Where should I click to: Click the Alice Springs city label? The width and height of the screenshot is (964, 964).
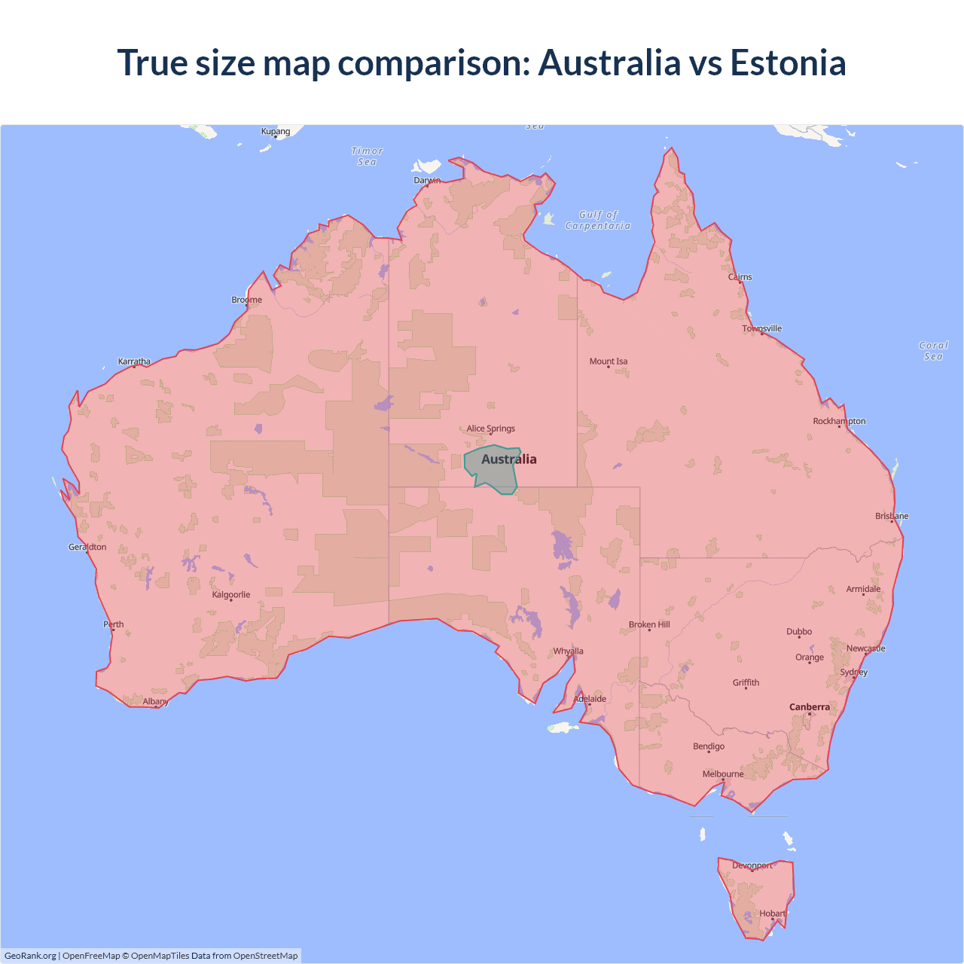(490, 429)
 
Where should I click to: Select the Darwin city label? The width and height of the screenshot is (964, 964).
(427, 180)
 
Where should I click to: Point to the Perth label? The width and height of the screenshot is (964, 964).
(113, 624)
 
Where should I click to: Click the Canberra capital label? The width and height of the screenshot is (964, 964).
(809, 707)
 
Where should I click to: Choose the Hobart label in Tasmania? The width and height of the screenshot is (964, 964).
(772, 914)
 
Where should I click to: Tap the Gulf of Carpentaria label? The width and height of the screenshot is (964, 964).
(598, 220)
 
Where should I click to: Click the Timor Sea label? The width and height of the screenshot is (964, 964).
(367, 156)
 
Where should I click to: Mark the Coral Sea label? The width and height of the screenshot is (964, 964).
(933, 351)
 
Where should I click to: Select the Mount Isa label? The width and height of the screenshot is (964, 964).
(608, 361)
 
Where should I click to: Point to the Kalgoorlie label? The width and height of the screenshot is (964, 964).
(230, 595)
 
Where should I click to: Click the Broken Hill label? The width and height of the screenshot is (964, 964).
(648, 624)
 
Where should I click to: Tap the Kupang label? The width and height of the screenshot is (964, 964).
(275, 131)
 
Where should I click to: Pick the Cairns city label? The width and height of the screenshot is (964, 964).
(740, 277)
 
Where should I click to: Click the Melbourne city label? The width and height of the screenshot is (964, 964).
(722, 774)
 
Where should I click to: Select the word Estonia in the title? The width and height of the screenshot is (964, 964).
(788, 63)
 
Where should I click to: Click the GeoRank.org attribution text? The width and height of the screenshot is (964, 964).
(30, 956)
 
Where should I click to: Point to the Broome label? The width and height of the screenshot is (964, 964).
(246, 300)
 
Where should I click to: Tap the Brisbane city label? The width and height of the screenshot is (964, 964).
(891, 516)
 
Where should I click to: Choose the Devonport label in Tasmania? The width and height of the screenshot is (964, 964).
(752, 865)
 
